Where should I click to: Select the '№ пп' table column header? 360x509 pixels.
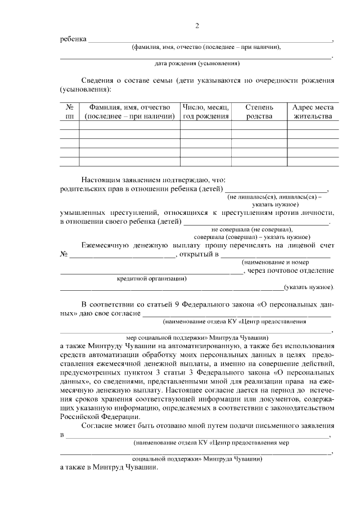[70, 111]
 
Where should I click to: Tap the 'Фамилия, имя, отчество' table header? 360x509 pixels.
[129, 111]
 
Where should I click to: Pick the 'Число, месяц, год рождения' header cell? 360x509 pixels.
[206, 111]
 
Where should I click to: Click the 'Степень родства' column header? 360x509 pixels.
[259, 111]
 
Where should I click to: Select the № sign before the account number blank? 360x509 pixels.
[64, 255]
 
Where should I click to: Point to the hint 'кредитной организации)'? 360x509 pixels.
[152, 278]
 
